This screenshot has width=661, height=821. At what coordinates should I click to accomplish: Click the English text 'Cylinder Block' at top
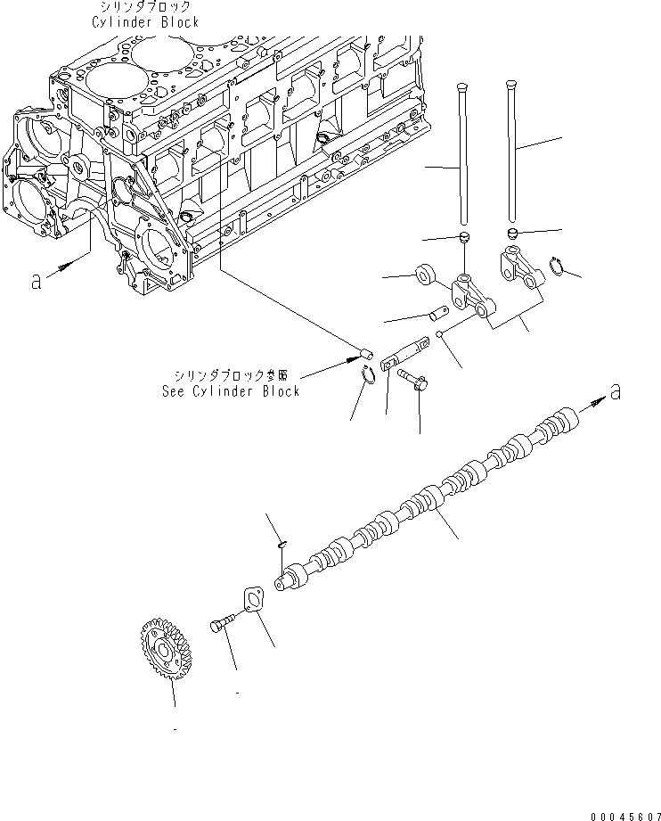[144, 22]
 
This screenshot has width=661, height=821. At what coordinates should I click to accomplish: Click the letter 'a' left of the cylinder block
[36, 281]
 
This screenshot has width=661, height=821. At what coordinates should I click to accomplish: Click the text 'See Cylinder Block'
[230, 391]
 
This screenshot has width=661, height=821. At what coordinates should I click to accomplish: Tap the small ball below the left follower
[440, 335]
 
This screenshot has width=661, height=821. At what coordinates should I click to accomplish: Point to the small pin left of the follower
[437, 313]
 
